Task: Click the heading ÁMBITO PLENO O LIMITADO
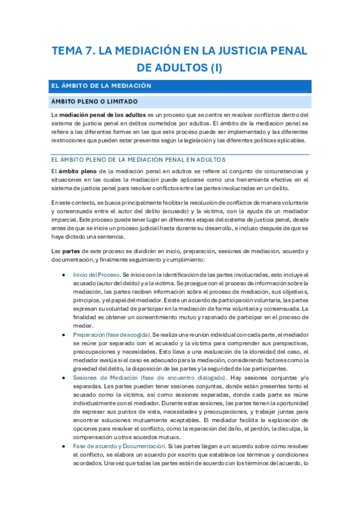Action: (x=95, y=101)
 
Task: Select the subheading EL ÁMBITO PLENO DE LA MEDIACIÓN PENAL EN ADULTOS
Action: (x=138, y=159)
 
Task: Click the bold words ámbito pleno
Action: (x=75, y=171)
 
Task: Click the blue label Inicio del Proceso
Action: (x=96, y=274)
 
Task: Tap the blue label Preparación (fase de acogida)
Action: (x=111, y=334)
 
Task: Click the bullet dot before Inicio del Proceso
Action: (x=64, y=274)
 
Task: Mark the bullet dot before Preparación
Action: (x=64, y=334)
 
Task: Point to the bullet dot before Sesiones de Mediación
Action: (x=64, y=378)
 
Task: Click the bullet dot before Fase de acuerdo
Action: (x=64, y=447)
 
